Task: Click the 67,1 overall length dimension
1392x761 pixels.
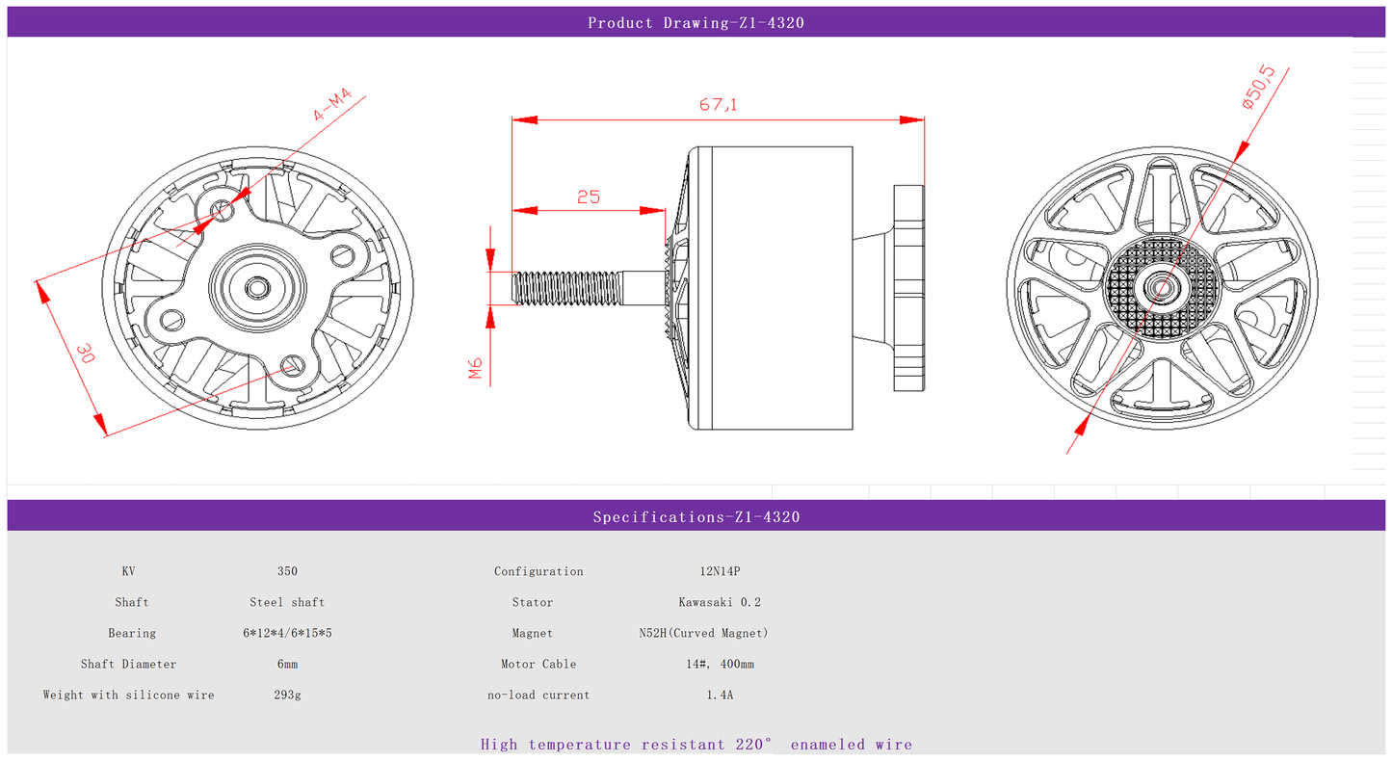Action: [718, 104]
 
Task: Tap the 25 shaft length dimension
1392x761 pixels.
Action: [589, 197]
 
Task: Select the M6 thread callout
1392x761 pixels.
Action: [475, 368]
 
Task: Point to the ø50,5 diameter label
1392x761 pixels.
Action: [1258, 88]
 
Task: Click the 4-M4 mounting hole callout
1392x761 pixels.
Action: [331, 104]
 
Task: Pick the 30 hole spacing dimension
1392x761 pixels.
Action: [86, 353]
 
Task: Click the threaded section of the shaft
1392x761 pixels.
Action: [566, 288]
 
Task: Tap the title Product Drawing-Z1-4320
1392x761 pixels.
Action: [696, 23]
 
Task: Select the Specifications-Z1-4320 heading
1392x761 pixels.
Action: [696, 517]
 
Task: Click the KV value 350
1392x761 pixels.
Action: [287, 571]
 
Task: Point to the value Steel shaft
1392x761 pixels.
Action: [287, 603]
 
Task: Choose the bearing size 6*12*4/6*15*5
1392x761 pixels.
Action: [287, 634]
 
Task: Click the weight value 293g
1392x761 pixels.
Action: [287, 695]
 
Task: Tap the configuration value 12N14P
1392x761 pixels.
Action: [720, 571]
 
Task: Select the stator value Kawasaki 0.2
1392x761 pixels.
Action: [720, 603]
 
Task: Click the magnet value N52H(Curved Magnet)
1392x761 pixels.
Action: [703, 634]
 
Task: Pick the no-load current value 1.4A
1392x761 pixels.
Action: [720, 695]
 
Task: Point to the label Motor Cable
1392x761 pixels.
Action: [538, 664]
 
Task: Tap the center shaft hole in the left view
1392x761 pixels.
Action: [256, 288]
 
